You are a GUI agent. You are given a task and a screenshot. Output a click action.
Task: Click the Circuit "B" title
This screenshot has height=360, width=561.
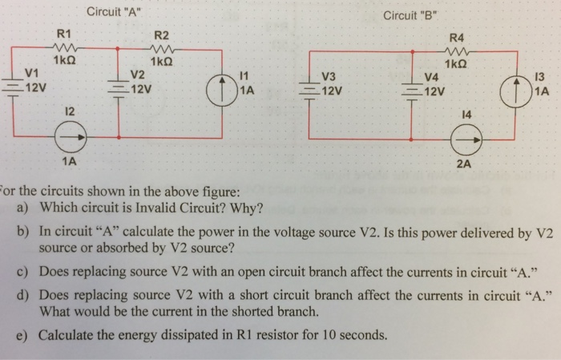(x=412, y=15)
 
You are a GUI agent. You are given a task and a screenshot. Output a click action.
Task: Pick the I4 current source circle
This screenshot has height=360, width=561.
(x=463, y=141)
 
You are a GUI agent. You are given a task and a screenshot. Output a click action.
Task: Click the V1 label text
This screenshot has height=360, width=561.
(x=32, y=73)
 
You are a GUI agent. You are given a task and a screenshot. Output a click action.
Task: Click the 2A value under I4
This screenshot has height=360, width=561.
(x=464, y=165)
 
